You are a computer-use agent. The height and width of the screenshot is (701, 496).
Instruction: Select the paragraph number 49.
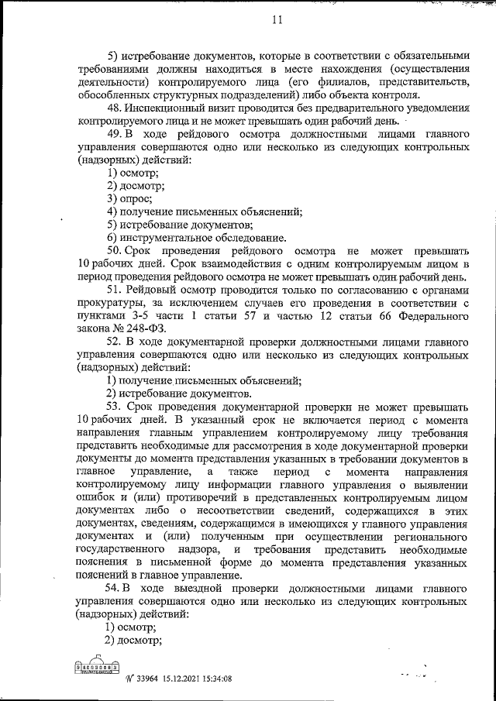coord(115,134)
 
